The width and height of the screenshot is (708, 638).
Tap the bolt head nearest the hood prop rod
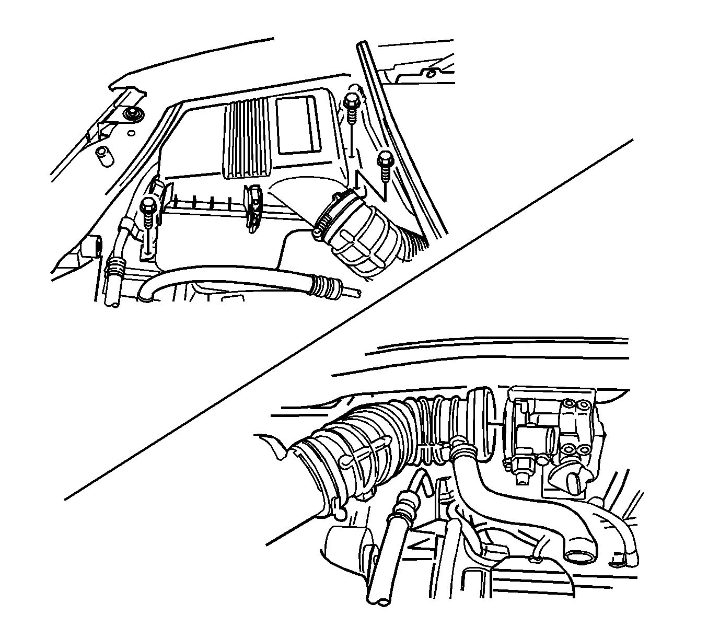385,156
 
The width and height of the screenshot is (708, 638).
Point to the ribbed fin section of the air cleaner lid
248,138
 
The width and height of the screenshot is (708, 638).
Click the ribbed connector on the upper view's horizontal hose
321,286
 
